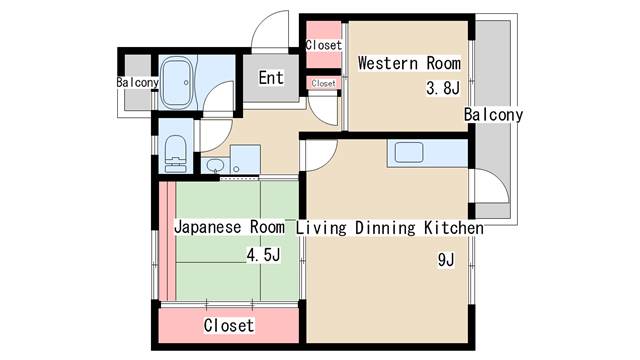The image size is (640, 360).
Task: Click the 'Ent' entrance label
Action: tap(271, 78)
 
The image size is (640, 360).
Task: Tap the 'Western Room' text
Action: tap(409, 63)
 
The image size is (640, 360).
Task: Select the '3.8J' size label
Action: tap(443, 88)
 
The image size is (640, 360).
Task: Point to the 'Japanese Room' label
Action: tap(229, 227)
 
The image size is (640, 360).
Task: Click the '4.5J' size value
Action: tap(263, 255)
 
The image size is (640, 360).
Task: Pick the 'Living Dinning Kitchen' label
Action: tap(390, 228)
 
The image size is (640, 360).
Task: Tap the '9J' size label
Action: tap(446, 260)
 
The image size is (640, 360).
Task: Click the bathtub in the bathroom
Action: tap(176, 82)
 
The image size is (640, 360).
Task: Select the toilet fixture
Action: tap(176, 153)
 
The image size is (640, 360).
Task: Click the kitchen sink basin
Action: tap(409, 152)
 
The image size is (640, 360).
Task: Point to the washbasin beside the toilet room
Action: tap(215, 165)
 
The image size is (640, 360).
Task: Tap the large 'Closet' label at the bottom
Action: tap(229, 325)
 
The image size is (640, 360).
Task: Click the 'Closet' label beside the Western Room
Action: tap(323, 45)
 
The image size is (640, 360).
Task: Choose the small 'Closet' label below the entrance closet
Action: tap(323, 83)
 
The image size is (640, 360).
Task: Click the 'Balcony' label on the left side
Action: tap(138, 82)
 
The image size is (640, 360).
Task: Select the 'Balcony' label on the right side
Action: tap(493, 115)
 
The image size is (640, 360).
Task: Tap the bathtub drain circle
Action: tap(186, 82)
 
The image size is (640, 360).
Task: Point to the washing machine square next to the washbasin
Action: tap(245, 159)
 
